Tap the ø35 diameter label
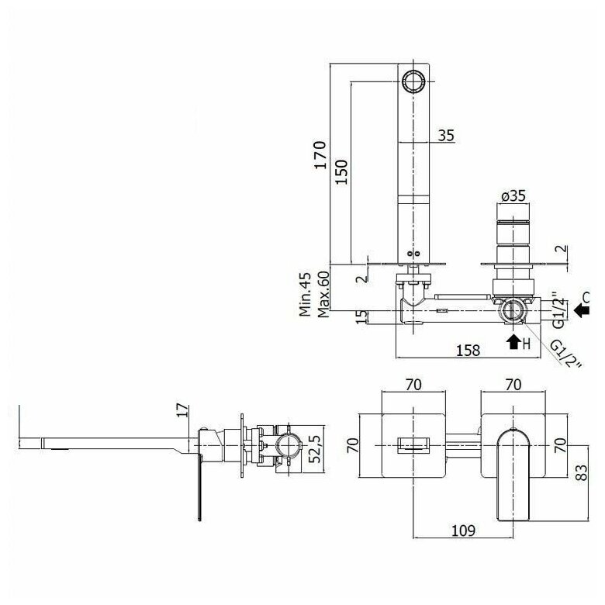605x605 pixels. pyautogui.click(x=512, y=196)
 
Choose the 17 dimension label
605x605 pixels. pyautogui.click(x=184, y=410)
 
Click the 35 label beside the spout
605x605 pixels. pyautogui.click(x=445, y=136)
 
